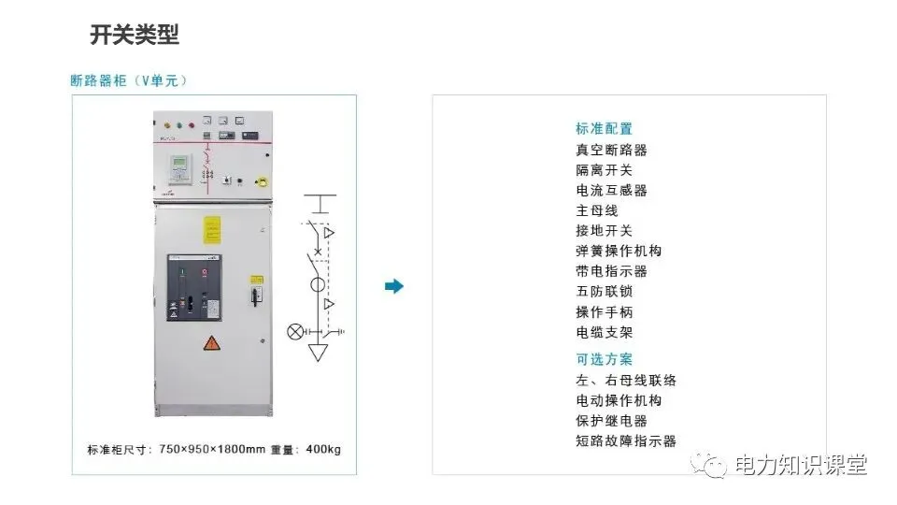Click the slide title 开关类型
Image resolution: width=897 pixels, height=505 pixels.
click(135, 36)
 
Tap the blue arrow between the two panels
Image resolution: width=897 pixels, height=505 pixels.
click(394, 286)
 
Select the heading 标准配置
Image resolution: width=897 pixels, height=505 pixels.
click(604, 129)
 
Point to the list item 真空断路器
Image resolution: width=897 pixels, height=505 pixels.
click(611, 150)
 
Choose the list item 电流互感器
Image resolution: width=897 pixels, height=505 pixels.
click(611, 190)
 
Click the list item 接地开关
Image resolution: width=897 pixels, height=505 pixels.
click(604, 231)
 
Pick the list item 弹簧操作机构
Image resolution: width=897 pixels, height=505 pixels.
click(619, 251)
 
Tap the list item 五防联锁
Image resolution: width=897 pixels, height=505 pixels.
click(604, 292)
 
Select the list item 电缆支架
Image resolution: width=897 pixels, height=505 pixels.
click(604, 332)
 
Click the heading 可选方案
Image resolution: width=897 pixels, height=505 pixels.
click(604, 359)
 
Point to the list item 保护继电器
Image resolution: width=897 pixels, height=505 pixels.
click(611, 421)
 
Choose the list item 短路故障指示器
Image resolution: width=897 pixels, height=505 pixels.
click(625, 441)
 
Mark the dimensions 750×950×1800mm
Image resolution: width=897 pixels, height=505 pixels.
click(212, 449)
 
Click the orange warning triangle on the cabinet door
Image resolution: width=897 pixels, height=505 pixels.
click(212, 343)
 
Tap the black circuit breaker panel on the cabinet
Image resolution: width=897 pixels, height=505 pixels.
click(194, 288)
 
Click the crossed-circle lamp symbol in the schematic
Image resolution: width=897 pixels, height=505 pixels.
click(294, 331)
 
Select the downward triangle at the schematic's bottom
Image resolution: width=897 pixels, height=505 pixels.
click(320, 353)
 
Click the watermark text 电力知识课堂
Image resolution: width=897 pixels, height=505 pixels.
click(801, 465)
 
